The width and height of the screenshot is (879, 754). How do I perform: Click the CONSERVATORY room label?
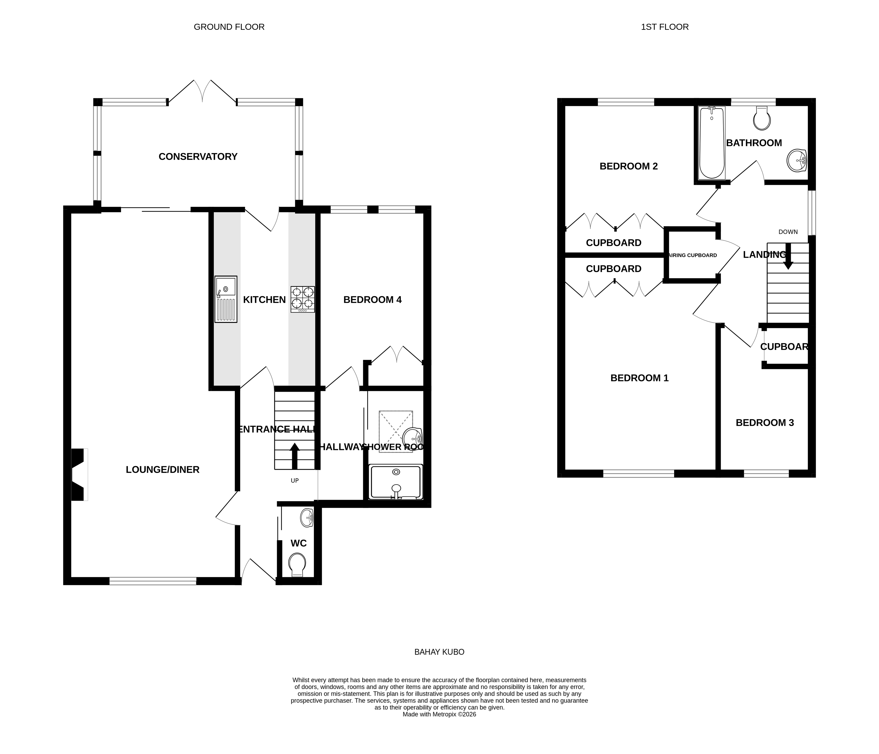pos(198,157)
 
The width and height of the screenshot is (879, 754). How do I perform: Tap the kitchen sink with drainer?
pos(226,299)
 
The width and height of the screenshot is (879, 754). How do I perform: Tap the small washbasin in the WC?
pos(307,518)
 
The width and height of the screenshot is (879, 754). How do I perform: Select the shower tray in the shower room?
pos(396,482)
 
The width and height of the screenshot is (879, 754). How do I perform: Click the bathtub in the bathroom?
pos(712,142)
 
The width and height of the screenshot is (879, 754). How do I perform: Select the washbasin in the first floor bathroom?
pos(796,161)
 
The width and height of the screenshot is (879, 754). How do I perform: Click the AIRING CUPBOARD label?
pos(692,255)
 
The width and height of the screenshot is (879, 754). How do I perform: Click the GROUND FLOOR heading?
pos(229,27)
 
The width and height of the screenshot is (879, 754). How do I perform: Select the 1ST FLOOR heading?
pos(664,27)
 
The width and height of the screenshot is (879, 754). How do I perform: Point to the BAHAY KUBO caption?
pos(439,652)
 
